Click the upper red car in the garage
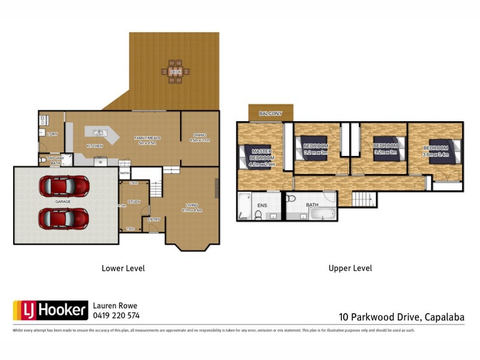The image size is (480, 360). click(64, 186)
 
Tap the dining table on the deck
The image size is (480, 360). click(175, 71)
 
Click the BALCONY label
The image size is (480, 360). click(271, 113)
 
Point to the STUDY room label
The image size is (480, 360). click(134, 202)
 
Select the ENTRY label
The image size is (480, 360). click(154, 220)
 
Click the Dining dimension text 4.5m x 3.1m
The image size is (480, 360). click(200, 140)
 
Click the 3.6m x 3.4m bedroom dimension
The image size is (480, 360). click(435, 154)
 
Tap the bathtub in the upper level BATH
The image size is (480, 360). click(321, 213)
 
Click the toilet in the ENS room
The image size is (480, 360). click(258, 214)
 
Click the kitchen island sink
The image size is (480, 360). click(99, 132)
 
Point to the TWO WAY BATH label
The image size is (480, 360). click(55, 161)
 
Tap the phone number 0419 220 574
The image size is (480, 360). click(116, 315)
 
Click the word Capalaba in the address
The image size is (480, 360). click(445, 317)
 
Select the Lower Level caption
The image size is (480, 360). click(123, 268)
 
